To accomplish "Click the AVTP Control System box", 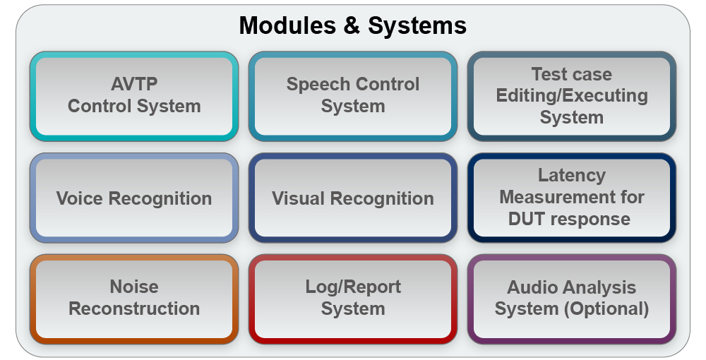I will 134,96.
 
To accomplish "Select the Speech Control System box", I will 353,96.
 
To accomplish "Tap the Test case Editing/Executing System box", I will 572,96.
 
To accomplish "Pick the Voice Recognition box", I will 134,198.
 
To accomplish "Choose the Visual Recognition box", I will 353,198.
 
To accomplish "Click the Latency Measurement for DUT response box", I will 572,198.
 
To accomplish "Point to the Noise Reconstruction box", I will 134,299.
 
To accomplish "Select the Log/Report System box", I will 353,299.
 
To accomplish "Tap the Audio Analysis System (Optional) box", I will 572,299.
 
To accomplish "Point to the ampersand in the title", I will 354,26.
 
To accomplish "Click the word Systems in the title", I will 417,26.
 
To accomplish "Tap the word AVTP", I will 134,85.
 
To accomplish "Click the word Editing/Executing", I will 572,95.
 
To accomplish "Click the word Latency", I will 572,176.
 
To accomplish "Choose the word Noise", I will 134,287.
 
